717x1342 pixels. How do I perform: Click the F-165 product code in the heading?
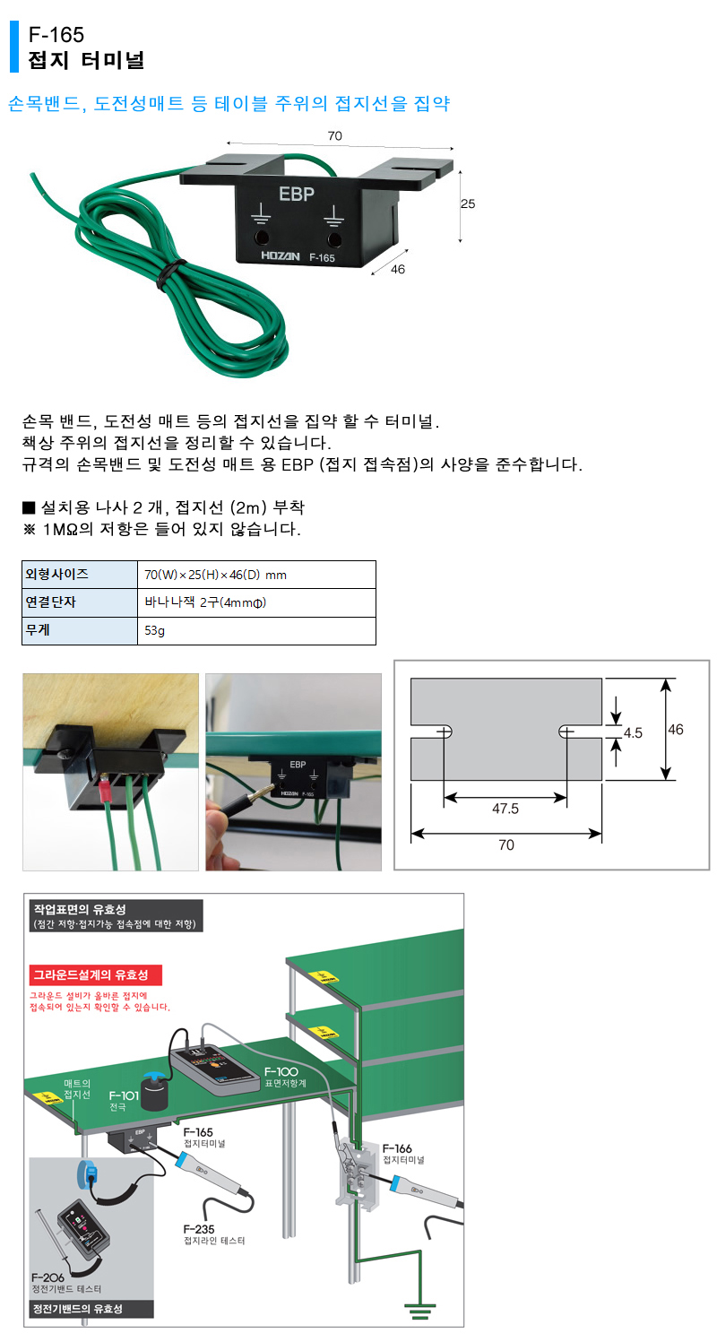(56, 35)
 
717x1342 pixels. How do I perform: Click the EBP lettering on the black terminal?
(297, 193)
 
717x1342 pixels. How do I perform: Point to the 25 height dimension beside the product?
(467, 203)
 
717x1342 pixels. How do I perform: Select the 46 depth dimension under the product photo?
(399, 269)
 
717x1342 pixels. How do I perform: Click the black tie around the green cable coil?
(168, 274)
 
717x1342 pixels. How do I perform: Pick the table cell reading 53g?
(157, 630)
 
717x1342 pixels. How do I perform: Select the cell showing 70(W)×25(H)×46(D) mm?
(215, 575)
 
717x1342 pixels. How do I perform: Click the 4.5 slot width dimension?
(633, 732)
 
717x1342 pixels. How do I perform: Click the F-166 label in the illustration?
(398, 1148)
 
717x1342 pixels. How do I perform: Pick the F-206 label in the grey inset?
(50, 1276)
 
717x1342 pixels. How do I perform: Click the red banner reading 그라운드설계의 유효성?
(89, 974)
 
